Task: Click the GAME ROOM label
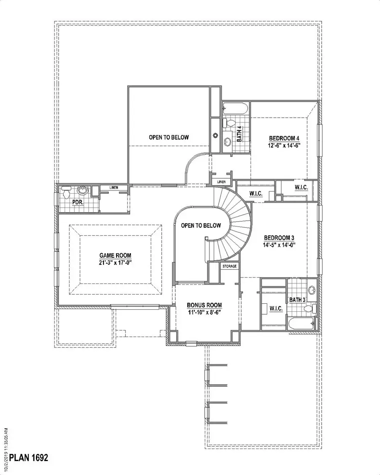(x=115, y=255)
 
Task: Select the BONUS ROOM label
(x=204, y=305)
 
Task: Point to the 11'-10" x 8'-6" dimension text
(x=204, y=313)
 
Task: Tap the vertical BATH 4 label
(x=239, y=135)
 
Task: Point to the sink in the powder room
(x=83, y=192)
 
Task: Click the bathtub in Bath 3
(x=301, y=324)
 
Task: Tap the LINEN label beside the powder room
(x=114, y=187)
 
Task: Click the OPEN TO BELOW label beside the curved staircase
(x=201, y=226)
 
